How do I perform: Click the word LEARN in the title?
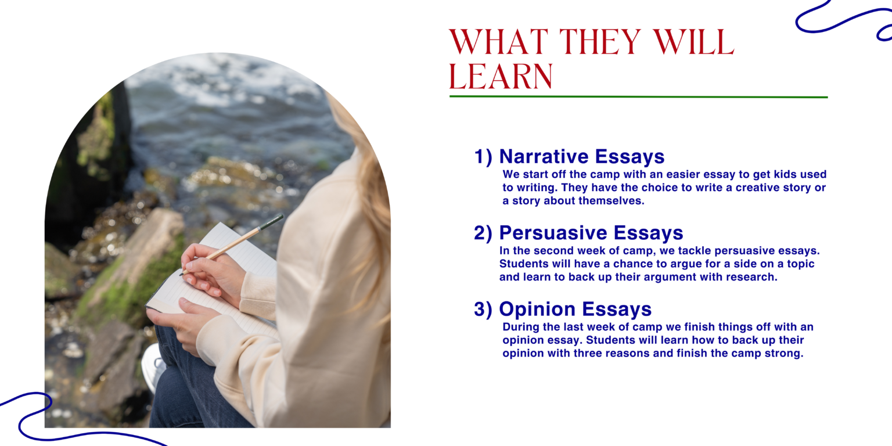click(x=501, y=76)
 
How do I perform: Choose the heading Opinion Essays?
click(x=576, y=309)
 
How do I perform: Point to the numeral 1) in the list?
click(x=483, y=157)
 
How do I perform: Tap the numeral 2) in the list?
click(x=483, y=233)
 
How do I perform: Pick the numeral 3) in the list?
click(x=483, y=309)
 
